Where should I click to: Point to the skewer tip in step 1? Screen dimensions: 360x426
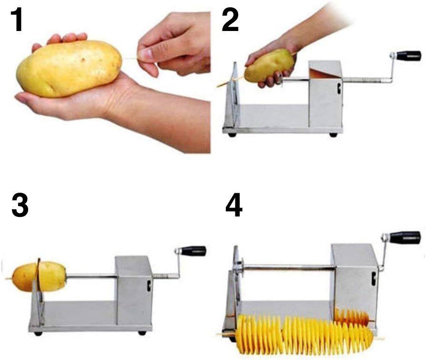(x=128, y=59)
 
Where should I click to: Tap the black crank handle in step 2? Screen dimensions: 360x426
(x=409, y=56)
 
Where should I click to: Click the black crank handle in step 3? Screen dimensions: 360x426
(x=193, y=251)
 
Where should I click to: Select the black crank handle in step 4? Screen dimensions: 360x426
(x=405, y=237)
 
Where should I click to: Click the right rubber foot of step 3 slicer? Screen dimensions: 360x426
(x=142, y=332)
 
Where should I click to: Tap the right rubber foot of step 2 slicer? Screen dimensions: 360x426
(x=334, y=135)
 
